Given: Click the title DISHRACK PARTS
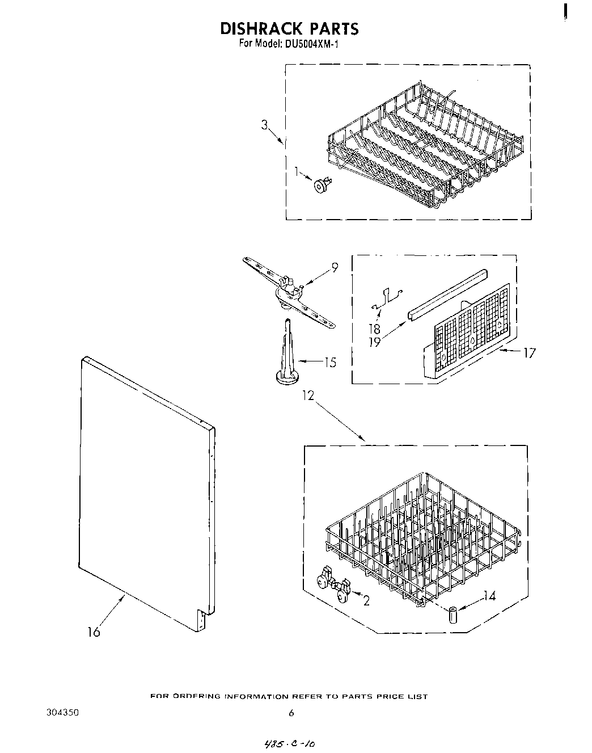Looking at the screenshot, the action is (289, 28).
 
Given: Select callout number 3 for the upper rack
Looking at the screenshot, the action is (265, 125).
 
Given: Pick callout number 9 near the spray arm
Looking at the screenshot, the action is (335, 267).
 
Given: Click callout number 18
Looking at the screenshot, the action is (375, 329).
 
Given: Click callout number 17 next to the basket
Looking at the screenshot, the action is (528, 353).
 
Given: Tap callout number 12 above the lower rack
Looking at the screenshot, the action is (307, 396).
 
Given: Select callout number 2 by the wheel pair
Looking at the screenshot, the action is (366, 600).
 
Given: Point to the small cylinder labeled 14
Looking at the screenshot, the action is (453, 615).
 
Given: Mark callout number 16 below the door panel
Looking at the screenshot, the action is (94, 632).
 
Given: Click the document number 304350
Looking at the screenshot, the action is (62, 713).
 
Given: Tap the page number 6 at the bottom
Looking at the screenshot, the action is (290, 714).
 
